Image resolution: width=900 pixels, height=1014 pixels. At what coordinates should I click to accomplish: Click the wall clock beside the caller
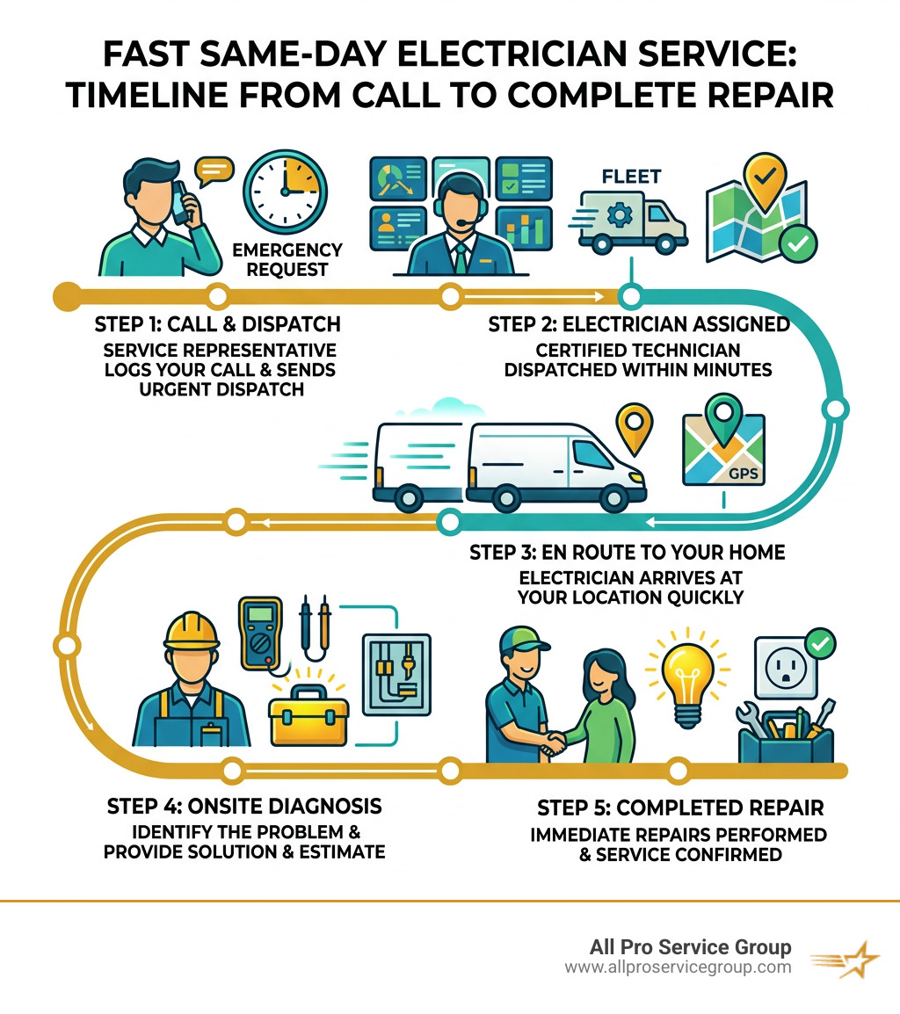(285, 190)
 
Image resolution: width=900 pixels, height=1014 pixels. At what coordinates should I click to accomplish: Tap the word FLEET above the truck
(631, 177)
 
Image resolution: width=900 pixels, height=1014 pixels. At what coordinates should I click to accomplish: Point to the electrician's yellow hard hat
(195, 629)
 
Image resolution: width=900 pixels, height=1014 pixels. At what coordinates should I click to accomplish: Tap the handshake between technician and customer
(552, 743)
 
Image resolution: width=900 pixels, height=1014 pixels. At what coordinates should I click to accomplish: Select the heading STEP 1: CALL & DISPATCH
(217, 324)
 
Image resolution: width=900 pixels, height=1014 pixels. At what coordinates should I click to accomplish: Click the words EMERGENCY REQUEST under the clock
(287, 260)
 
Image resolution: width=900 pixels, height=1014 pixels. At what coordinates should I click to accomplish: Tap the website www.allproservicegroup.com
(678, 967)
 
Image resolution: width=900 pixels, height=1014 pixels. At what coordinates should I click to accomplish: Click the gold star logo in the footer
(848, 959)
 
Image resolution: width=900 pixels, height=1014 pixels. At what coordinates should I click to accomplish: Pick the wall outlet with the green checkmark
(784, 675)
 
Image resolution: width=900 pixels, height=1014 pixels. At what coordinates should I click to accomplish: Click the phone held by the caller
(180, 202)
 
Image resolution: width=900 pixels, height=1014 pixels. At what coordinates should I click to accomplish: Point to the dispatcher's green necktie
(460, 257)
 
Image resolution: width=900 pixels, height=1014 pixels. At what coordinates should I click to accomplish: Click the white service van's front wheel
(599, 497)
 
